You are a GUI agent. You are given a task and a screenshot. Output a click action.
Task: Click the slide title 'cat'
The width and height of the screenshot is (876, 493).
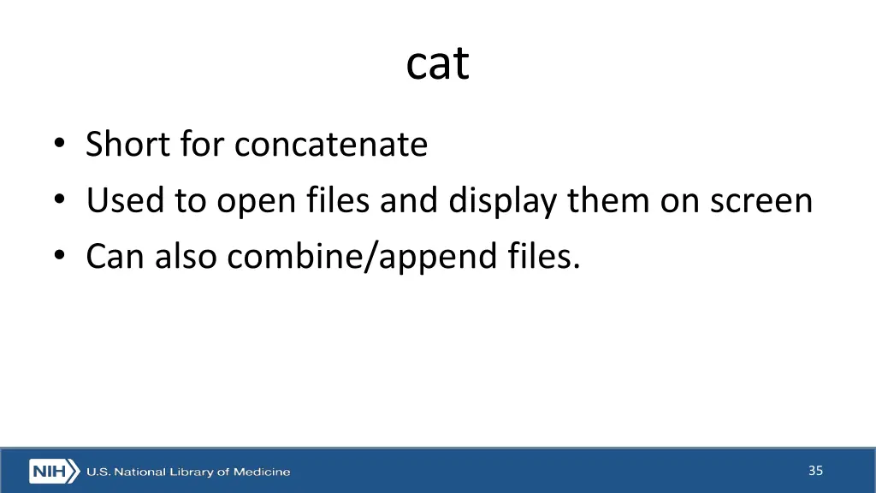tap(437, 63)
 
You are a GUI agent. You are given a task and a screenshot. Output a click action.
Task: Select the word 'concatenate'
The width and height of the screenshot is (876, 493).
tap(330, 144)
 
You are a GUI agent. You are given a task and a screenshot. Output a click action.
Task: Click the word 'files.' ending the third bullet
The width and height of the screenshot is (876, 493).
tap(542, 256)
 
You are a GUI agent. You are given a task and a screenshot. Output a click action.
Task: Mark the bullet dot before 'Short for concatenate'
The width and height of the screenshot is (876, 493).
tap(57, 146)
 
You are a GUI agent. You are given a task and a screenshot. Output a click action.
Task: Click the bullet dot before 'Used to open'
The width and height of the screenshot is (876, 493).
tap(57, 202)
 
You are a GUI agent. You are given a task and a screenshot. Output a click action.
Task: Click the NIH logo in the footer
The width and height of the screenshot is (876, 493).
tap(54, 471)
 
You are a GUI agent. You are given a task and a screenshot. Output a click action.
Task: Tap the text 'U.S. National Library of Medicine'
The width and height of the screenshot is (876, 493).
tap(188, 472)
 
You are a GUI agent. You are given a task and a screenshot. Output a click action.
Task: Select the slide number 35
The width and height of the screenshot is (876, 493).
tap(815, 470)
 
